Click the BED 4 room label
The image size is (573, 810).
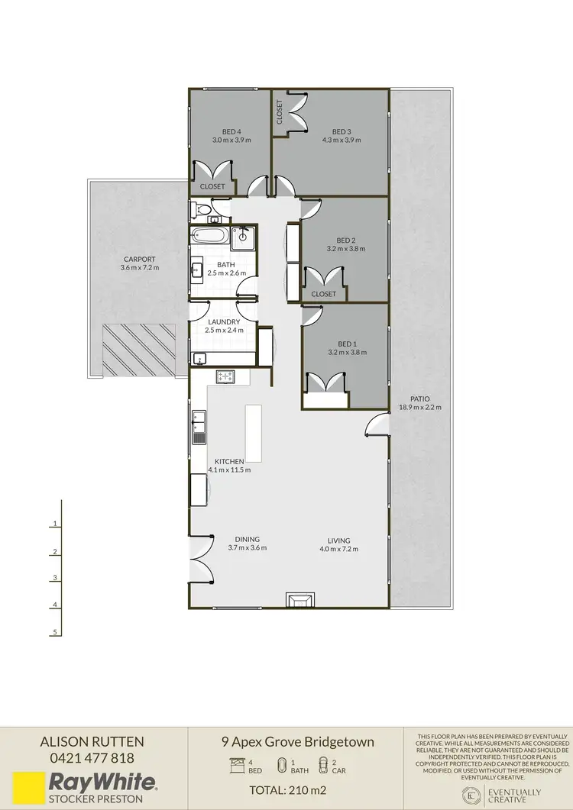[x=231, y=131]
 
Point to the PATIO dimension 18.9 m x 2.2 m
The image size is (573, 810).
[x=419, y=407]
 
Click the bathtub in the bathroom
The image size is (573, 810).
[x=208, y=236]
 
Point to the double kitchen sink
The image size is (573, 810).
[x=199, y=426]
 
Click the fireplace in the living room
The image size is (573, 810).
[x=298, y=600]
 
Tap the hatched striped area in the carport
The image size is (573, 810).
[x=139, y=349]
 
